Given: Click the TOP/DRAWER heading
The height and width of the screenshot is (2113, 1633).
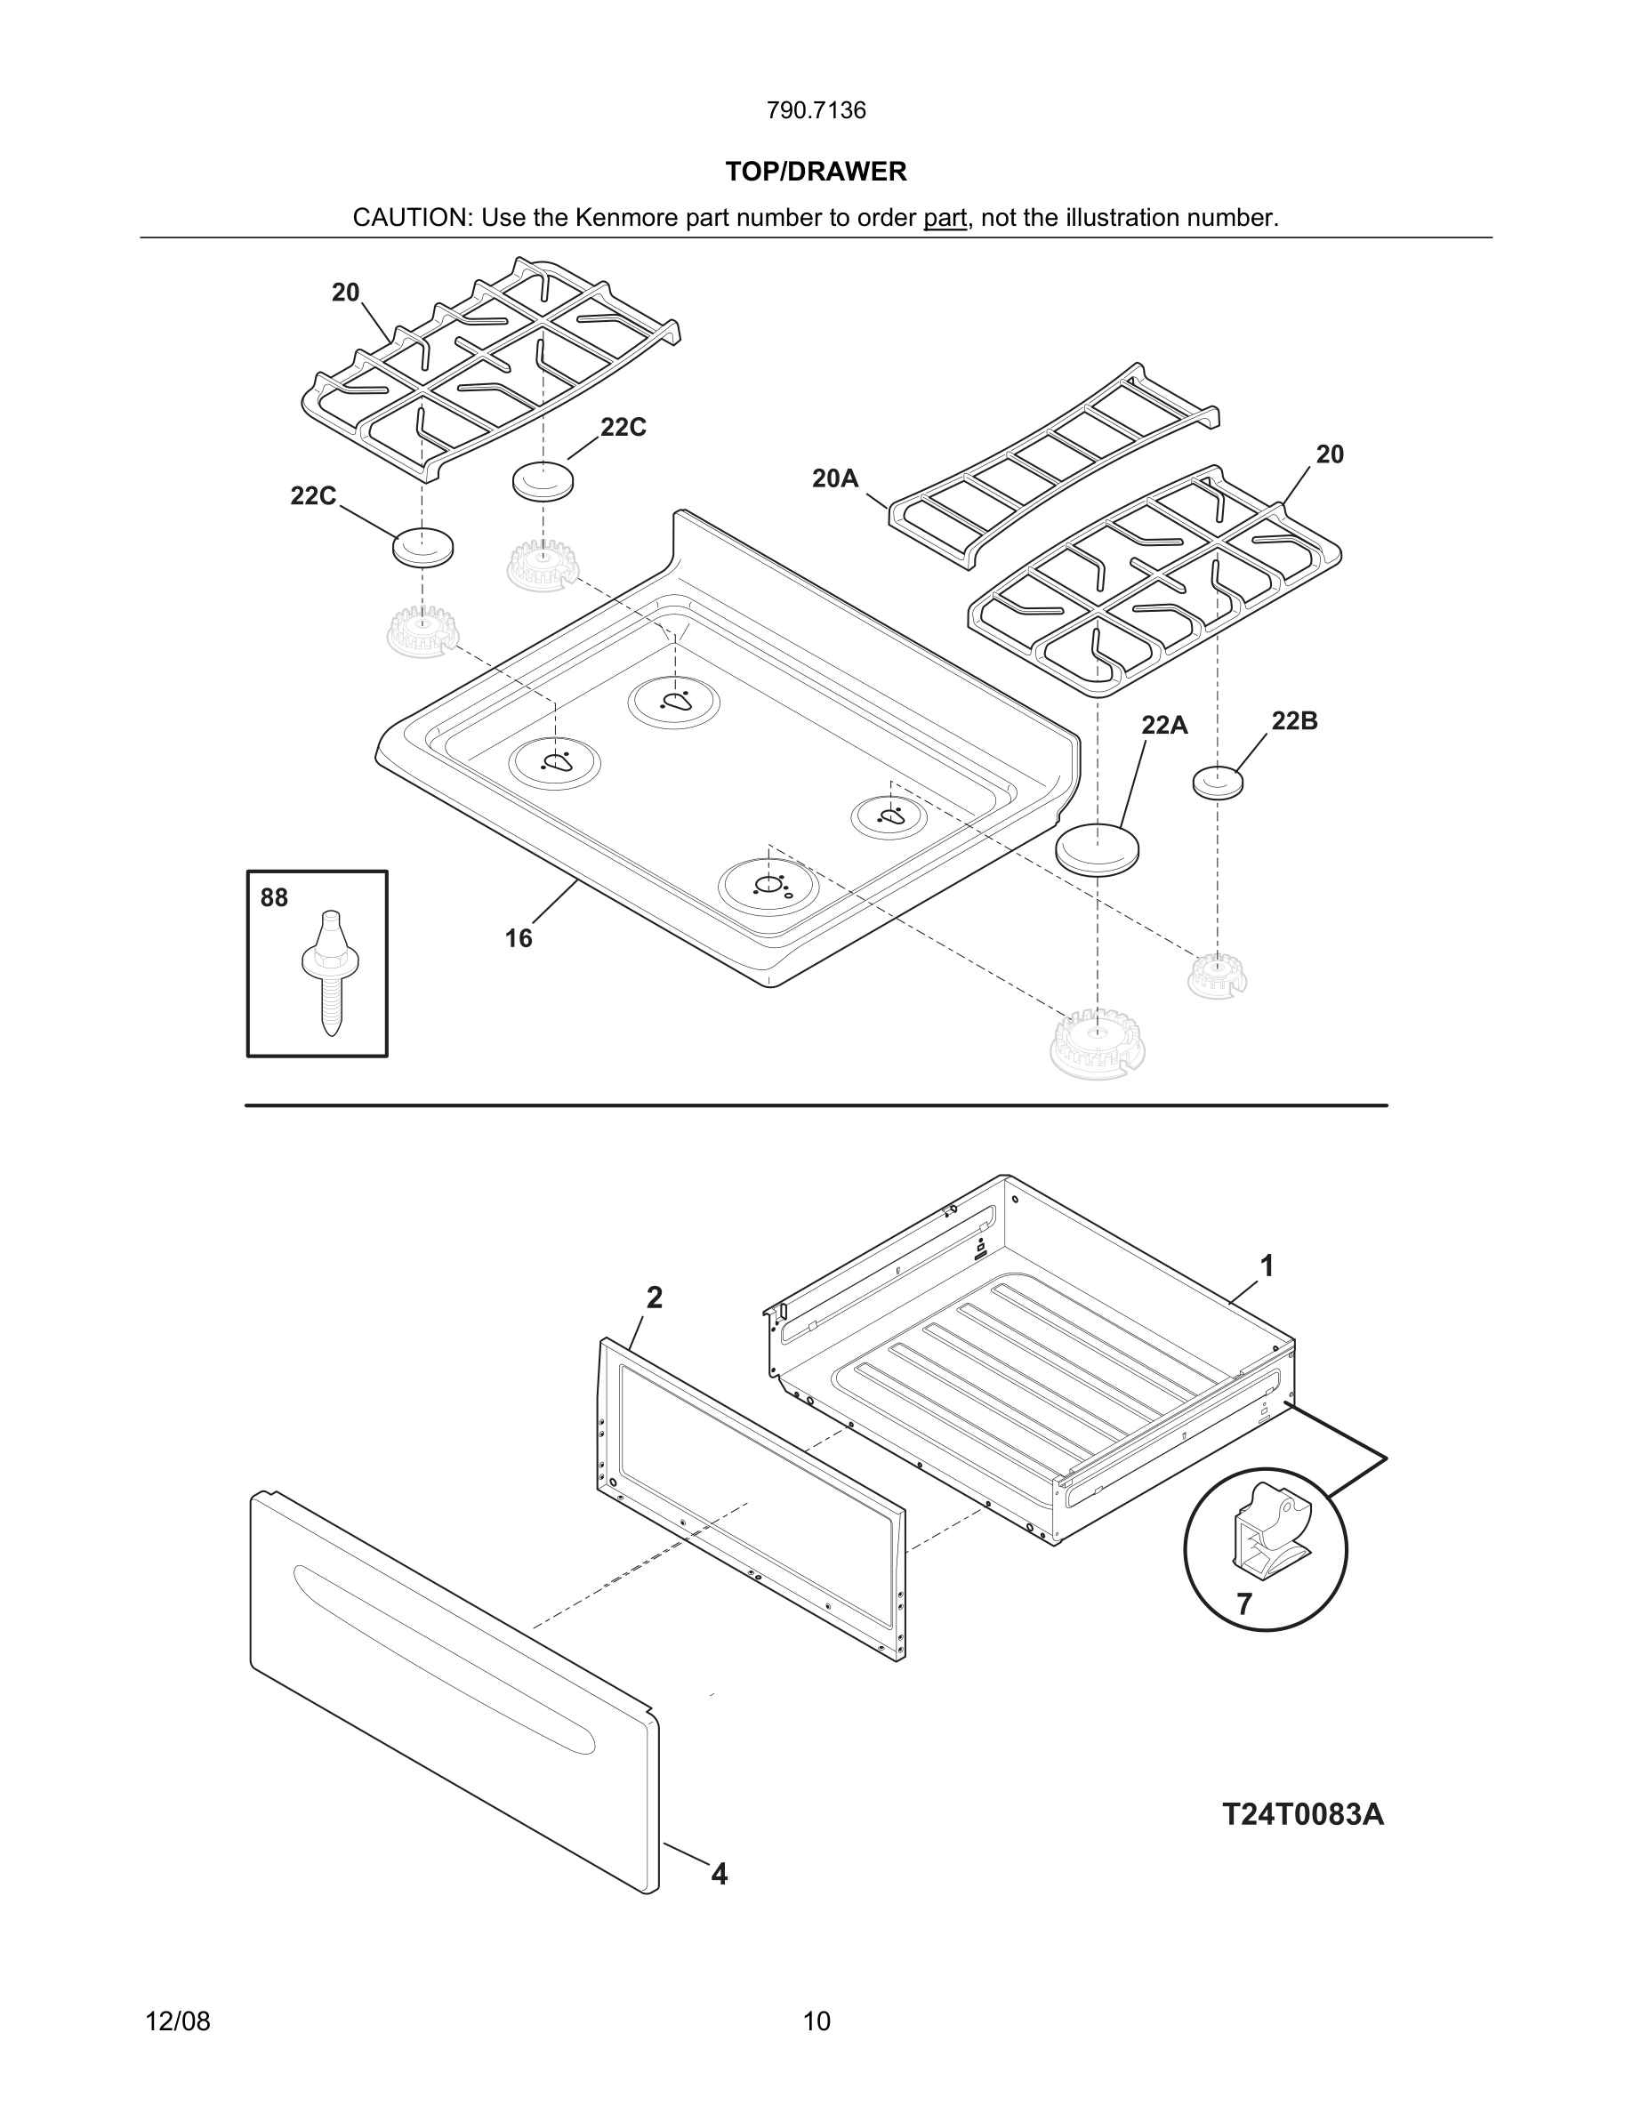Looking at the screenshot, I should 816,172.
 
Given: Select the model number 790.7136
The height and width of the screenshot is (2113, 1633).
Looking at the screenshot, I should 816,110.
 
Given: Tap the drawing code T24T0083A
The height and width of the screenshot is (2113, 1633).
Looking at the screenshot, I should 1302,1814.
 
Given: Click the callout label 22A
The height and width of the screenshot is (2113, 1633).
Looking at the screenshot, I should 1163,725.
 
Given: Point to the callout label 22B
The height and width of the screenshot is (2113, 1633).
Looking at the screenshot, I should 1293,720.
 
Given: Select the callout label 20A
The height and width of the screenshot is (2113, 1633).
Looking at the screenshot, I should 835,478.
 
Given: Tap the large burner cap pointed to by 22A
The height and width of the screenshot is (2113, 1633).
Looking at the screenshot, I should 1096,848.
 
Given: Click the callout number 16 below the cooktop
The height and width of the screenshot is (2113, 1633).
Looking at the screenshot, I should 519,937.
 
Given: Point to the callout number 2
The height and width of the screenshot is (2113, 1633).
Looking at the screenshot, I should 654,1298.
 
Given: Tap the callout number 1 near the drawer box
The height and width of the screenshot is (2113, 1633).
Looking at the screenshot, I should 1267,1265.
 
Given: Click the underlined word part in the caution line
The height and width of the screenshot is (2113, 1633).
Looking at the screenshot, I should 945,218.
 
